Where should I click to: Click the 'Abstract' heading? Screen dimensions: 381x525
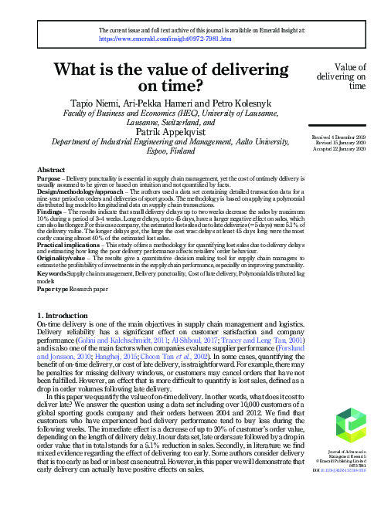51,168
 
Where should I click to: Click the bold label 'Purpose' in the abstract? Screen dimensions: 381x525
48,176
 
